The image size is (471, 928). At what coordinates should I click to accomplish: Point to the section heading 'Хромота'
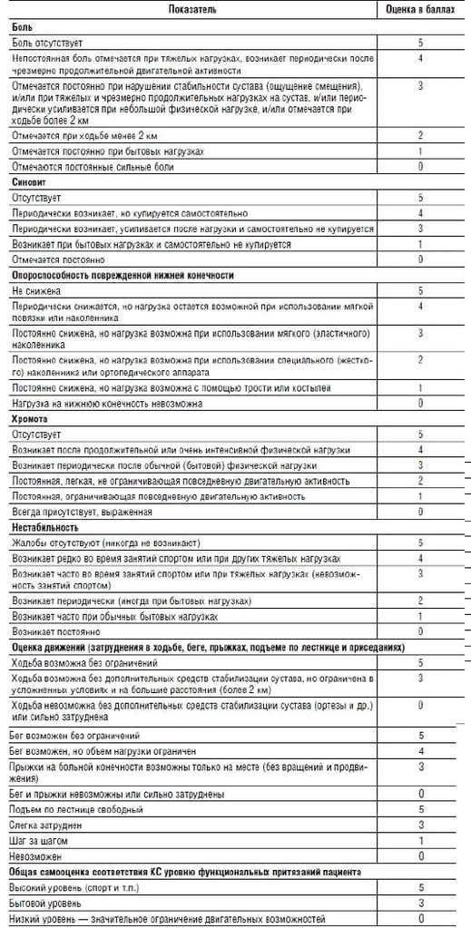[x=31, y=421]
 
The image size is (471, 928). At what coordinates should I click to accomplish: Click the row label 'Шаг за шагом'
[x=40, y=840]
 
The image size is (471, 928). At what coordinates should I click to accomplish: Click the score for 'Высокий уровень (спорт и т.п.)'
[x=420, y=887]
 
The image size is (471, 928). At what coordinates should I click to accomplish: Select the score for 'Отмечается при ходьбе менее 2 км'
[x=420, y=135]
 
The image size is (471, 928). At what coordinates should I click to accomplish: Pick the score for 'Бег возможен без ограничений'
[x=420, y=734]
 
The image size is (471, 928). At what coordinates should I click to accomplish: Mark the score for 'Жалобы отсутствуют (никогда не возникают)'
[x=420, y=542]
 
